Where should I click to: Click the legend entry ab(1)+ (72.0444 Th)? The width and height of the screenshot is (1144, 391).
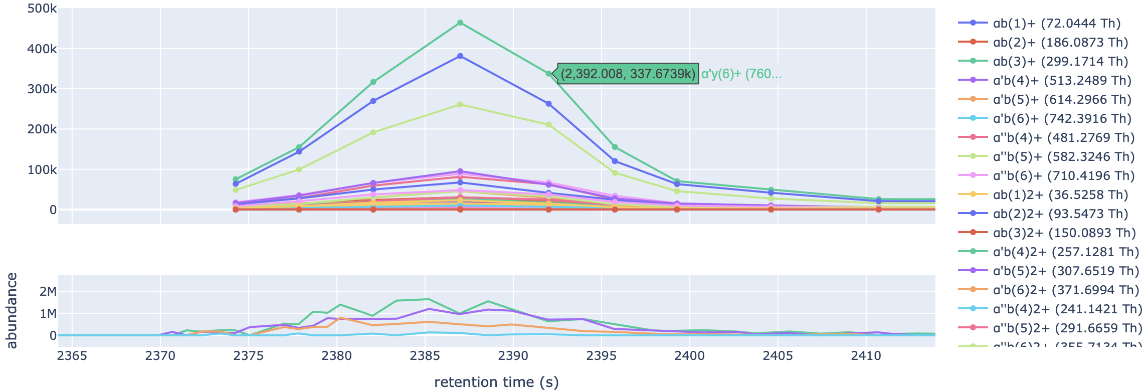click(1056, 23)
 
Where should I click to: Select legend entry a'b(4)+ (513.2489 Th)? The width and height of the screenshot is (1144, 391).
click(1062, 80)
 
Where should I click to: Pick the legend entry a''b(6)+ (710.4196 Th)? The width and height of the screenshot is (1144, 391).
click(1064, 175)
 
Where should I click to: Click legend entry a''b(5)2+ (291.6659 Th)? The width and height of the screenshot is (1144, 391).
click(1067, 328)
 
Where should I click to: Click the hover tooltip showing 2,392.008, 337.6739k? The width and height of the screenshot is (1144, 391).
click(628, 74)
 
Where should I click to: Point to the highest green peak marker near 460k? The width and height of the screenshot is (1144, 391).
click(460, 23)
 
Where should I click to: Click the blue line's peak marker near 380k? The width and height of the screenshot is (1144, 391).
click(460, 56)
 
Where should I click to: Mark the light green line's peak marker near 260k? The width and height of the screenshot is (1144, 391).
click(460, 105)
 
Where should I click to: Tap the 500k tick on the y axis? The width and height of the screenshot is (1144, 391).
click(42, 9)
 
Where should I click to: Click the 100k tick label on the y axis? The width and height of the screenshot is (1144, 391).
click(42, 170)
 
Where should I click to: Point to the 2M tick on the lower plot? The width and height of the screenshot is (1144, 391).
click(48, 292)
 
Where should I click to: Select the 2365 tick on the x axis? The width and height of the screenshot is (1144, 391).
click(72, 356)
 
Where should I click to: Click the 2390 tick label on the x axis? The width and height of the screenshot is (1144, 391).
click(513, 356)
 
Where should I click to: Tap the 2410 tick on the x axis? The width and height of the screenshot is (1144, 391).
click(866, 356)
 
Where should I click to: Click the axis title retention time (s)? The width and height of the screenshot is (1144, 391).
click(496, 382)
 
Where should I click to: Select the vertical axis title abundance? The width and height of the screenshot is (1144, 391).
click(12, 310)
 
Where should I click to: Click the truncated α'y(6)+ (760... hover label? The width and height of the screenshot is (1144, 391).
click(741, 74)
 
